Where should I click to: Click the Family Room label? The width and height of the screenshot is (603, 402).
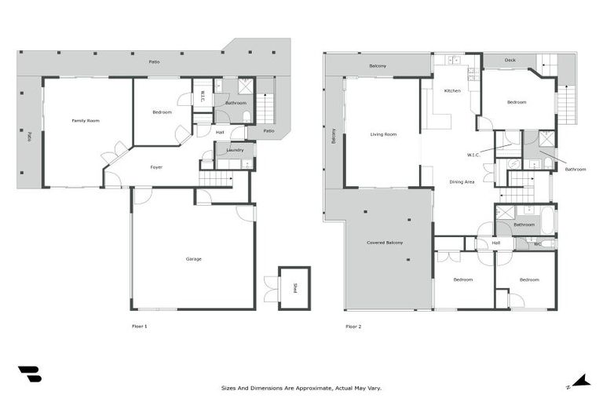(x=86, y=120)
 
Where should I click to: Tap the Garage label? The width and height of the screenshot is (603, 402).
(x=193, y=258)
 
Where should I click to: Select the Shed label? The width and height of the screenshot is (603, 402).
(x=295, y=288)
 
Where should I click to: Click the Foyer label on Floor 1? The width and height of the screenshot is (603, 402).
(x=157, y=167)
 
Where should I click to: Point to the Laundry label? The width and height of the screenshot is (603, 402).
(x=234, y=149)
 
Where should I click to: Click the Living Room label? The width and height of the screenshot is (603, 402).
(x=383, y=134)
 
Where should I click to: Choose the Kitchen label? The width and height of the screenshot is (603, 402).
(x=452, y=91)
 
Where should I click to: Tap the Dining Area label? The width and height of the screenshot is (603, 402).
(x=461, y=181)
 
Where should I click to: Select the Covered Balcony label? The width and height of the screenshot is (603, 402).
(x=385, y=243)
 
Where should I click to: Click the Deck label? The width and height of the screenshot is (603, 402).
(x=510, y=60)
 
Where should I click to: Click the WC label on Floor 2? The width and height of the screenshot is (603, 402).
(x=537, y=243)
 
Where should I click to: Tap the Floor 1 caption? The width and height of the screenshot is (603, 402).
(x=139, y=326)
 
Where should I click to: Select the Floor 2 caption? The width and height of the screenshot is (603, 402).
(x=353, y=326)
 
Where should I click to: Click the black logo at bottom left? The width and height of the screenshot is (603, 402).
(x=29, y=375)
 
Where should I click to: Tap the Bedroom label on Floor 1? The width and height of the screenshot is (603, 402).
(x=162, y=112)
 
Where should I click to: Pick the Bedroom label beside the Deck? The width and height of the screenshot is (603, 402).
(x=517, y=102)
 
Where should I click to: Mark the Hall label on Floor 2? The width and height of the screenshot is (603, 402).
(x=496, y=243)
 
